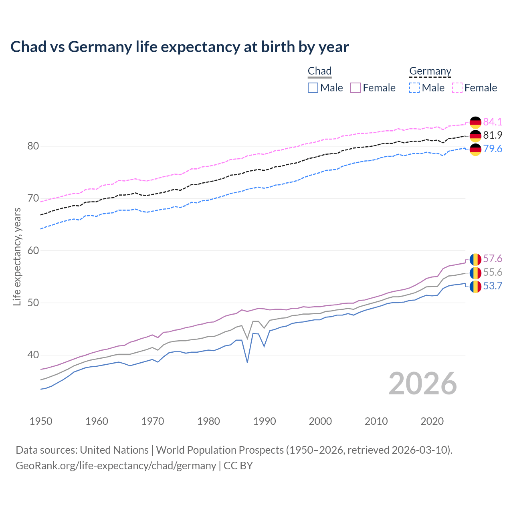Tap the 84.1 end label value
(x=493, y=122)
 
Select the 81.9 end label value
(x=493, y=135)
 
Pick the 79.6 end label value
(x=493, y=149)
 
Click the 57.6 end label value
(x=493, y=259)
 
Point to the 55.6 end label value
(x=493, y=273)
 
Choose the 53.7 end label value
(x=493, y=286)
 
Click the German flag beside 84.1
(x=475, y=122)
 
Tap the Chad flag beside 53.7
(x=475, y=287)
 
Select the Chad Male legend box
(x=313, y=88)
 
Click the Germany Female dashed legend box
(x=457, y=88)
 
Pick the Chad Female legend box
(x=356, y=88)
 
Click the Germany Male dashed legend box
(x=414, y=88)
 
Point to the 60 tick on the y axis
(x=33, y=251)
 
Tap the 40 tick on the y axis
(x=33, y=355)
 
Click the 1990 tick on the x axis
(x=265, y=421)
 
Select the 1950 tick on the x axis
(x=41, y=421)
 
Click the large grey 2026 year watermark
(x=423, y=384)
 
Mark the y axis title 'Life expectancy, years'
(x=17, y=257)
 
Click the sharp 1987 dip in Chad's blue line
(x=247, y=362)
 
